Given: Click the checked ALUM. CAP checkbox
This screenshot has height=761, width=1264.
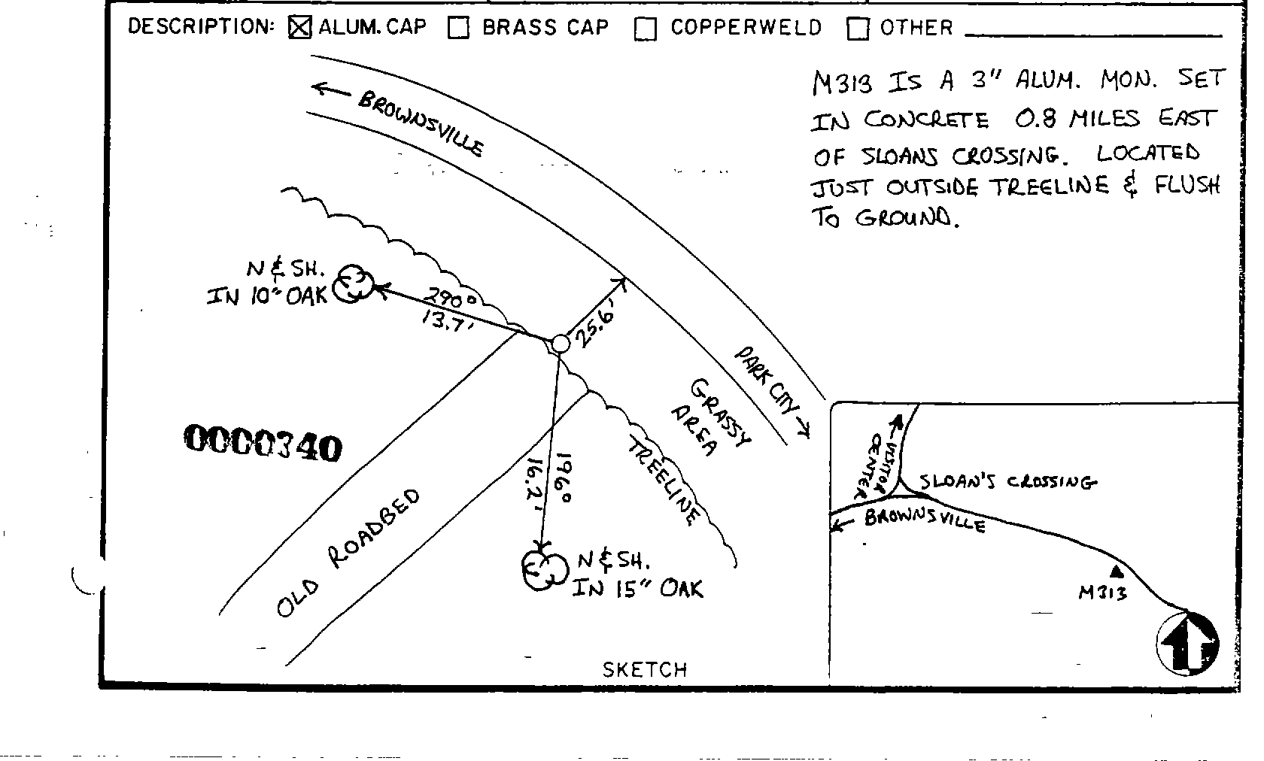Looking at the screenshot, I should (x=299, y=28).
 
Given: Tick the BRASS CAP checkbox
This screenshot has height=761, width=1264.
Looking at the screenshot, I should (x=458, y=28).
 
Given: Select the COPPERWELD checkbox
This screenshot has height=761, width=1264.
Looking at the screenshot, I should (x=645, y=29).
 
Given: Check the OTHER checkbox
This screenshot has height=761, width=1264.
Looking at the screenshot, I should (x=858, y=29).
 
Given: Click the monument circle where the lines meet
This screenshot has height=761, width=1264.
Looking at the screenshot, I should (x=560, y=344).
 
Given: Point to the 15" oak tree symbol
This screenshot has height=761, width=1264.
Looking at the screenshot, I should (x=543, y=570).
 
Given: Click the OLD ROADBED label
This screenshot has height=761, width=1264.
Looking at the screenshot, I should (x=347, y=553).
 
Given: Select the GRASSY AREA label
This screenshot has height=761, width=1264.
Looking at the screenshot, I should (x=715, y=417).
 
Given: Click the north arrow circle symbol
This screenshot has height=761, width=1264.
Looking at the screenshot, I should (x=1187, y=643).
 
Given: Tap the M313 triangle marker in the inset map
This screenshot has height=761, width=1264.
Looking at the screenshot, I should (x=1116, y=571).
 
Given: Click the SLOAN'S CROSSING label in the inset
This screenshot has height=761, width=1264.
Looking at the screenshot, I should (x=1008, y=481).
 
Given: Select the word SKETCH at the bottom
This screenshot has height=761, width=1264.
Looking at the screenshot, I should (x=645, y=669).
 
